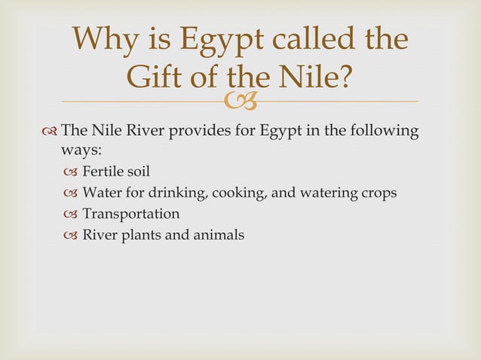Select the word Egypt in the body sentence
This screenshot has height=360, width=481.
281,133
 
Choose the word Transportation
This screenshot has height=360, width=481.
131,214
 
